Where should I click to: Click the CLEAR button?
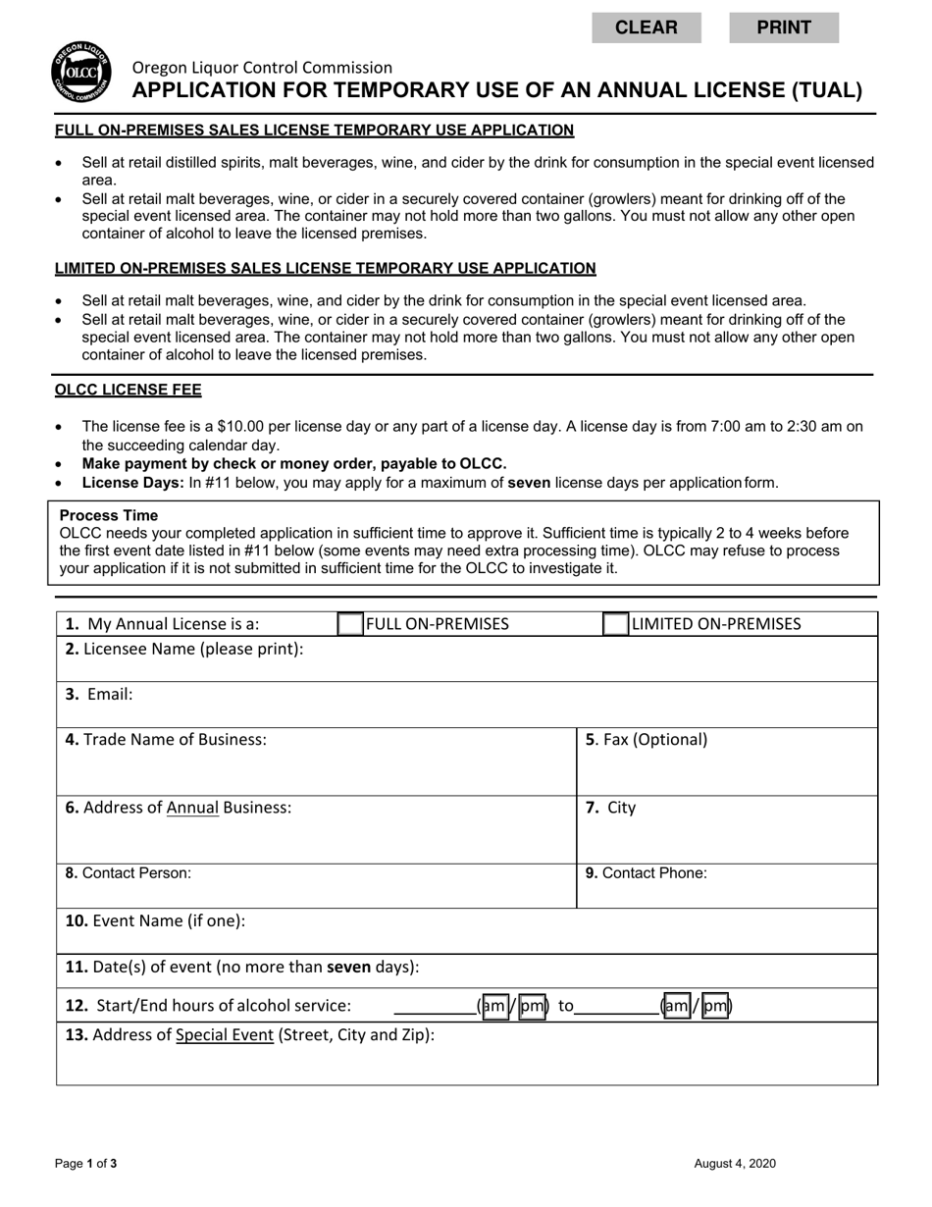point(646,27)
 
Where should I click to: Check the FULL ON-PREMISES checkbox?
point(350,624)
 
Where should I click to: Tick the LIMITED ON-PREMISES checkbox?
point(615,624)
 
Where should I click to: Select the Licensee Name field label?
point(184,649)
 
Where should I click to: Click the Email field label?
point(99,695)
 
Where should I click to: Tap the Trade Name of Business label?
point(166,740)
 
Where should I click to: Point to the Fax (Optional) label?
point(647,740)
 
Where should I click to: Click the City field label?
point(611,808)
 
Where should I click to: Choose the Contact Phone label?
point(647,873)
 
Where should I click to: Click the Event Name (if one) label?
point(155,921)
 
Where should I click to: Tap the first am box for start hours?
point(495,1006)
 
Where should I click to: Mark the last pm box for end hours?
point(715,1006)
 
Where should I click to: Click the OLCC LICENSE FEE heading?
point(129,391)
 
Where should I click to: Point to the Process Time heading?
point(109,516)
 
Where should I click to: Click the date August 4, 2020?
point(735,1164)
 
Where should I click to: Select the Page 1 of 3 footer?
point(86,1164)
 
